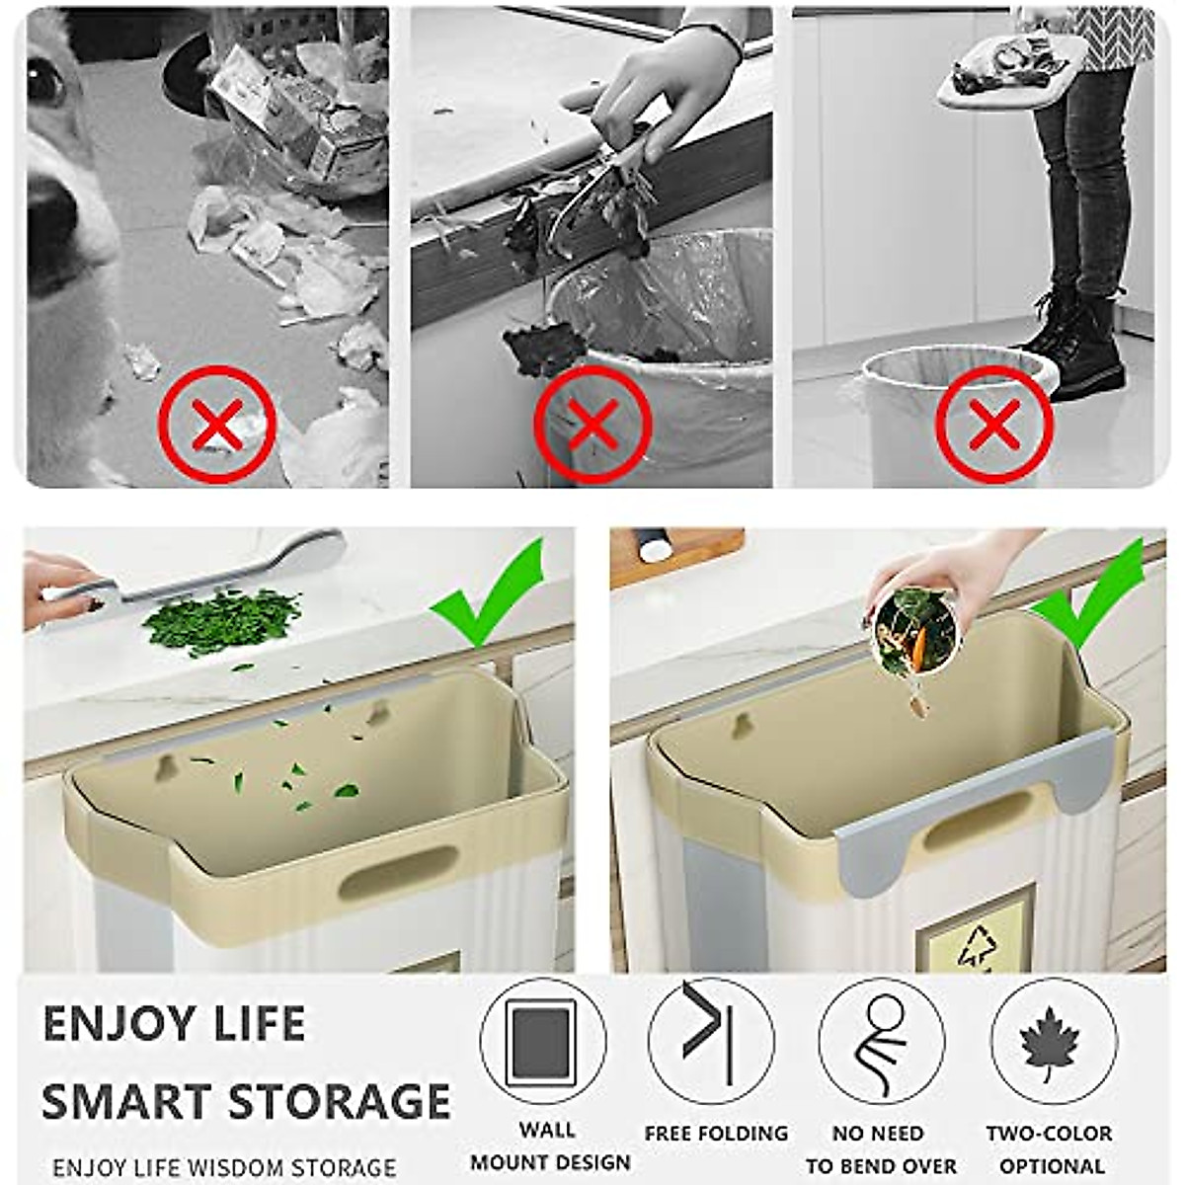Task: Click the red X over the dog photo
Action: pyautogui.click(x=216, y=425)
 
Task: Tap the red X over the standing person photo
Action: pyautogui.click(x=993, y=425)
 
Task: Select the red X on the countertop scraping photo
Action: pyautogui.click(x=592, y=425)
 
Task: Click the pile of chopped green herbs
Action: pyautogui.click(x=221, y=619)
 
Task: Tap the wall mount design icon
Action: pyautogui.click(x=542, y=1041)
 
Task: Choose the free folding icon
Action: pyautogui.click(x=711, y=1041)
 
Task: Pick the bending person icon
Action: pyautogui.click(x=882, y=1043)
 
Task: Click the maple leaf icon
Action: pyautogui.click(x=1053, y=1042)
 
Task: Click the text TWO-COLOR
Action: pyautogui.click(x=1049, y=1134)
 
